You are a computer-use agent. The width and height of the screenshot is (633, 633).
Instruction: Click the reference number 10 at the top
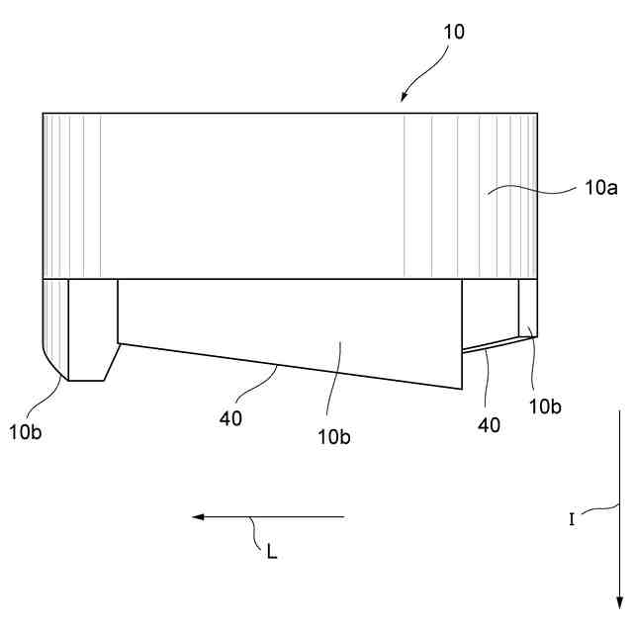[x=453, y=31]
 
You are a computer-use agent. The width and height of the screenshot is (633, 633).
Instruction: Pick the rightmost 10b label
[x=546, y=407]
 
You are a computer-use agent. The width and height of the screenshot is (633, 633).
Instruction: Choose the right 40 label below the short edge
[x=489, y=425]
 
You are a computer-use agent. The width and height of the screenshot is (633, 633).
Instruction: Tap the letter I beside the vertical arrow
[x=572, y=518]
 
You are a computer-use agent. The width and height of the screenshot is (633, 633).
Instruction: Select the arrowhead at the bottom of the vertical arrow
[x=620, y=603]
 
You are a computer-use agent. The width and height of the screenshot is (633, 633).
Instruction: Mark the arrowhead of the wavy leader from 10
[x=404, y=99]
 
